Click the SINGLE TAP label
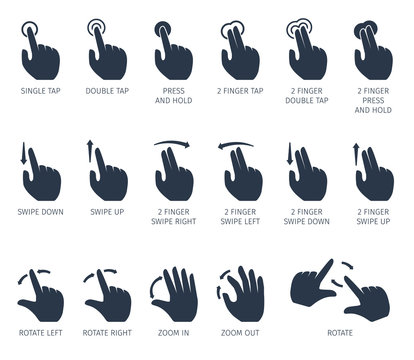39,90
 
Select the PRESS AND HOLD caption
173,96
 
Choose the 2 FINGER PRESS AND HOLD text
373,101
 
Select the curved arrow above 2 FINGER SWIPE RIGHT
173,144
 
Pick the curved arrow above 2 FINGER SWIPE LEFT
239,144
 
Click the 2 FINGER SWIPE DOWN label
306,218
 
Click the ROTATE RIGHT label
106,332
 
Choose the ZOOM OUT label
240,332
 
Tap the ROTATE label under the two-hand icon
339,332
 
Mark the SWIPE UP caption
106,213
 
